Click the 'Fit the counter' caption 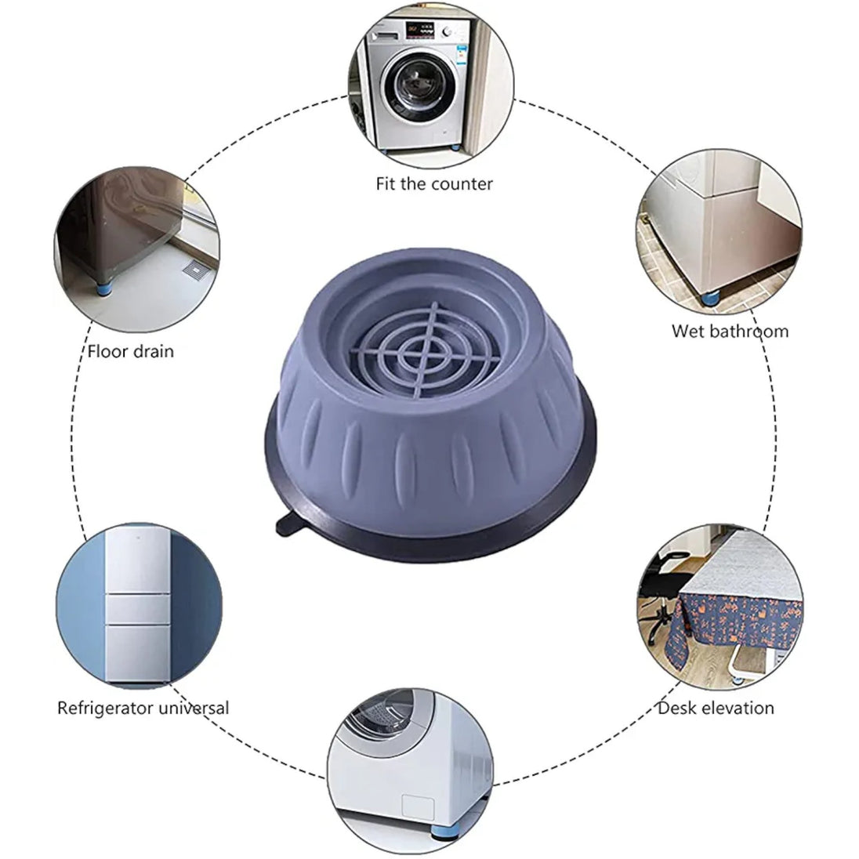tap(434, 183)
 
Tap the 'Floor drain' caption tap(130, 351)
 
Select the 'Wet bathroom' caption tap(730, 331)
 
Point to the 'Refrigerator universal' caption tap(143, 708)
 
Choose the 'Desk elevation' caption tap(716, 708)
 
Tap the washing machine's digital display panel tap(420, 28)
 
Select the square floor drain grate tap(197, 270)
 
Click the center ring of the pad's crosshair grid tap(424, 352)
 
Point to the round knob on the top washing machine tap(448, 32)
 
